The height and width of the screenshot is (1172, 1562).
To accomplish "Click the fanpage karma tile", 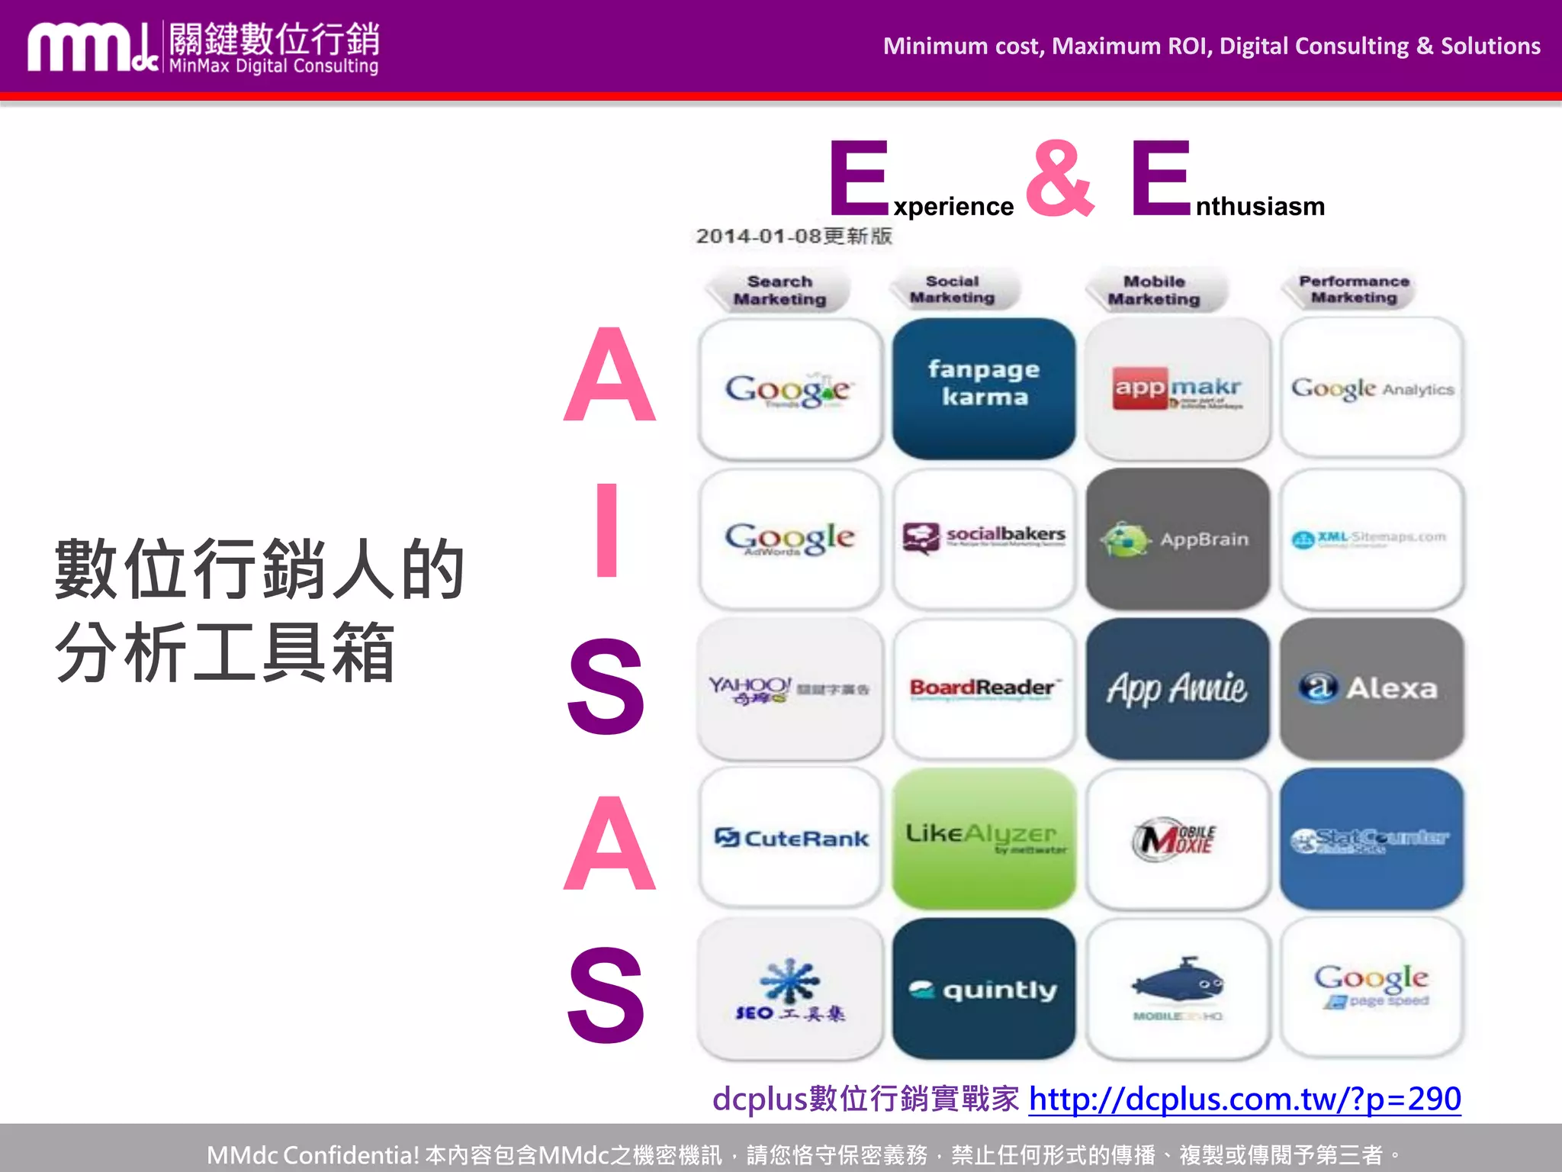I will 984,388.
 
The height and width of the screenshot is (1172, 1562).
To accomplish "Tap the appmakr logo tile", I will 1178,388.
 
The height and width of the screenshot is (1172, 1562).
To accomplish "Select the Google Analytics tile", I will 1371,388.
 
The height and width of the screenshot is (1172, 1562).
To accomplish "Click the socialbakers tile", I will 984,539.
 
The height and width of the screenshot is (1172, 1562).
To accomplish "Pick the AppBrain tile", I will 1178,539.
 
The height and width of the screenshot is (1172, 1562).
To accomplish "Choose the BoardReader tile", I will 984,688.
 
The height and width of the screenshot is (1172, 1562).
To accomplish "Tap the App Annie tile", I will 1178,688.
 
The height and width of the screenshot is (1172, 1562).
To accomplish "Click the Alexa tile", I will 1371,688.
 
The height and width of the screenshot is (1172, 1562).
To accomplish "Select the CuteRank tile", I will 791,838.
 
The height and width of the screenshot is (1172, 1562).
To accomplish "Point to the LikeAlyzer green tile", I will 984,838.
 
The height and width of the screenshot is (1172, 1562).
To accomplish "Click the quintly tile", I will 984,989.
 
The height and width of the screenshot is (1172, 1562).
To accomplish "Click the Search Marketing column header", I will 779,290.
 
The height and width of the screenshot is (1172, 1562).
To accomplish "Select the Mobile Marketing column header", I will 1154,290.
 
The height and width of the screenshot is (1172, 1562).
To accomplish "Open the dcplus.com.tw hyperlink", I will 1244,1099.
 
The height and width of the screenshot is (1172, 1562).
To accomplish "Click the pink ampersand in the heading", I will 1060,179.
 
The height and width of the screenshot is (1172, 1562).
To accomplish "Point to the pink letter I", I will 607,530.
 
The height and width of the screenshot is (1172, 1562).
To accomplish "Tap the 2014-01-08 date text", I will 793,236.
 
